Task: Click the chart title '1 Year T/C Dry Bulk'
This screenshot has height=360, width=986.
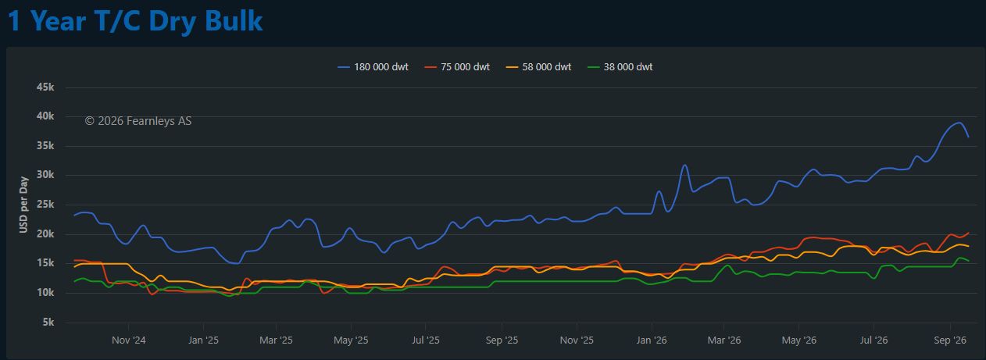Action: [135, 20]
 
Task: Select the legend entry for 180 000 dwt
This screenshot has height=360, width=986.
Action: [373, 67]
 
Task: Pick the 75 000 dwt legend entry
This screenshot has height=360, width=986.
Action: [457, 67]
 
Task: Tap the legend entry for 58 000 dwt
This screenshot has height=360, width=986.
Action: [538, 67]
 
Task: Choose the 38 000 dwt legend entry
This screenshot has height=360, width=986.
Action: [620, 67]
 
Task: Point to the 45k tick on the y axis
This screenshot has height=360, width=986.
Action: [45, 87]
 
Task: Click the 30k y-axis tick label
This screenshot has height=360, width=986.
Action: [45, 175]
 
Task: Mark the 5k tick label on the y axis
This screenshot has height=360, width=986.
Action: [48, 323]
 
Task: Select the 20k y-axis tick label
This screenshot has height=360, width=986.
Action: [45, 233]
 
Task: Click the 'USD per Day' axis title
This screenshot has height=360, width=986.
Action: [23, 205]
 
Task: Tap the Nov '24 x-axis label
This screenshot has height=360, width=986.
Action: [129, 340]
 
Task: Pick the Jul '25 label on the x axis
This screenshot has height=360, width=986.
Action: [426, 340]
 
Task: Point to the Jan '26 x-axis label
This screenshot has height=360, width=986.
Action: [652, 340]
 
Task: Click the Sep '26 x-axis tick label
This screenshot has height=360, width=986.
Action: [950, 340]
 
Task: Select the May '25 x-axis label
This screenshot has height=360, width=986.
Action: [351, 340]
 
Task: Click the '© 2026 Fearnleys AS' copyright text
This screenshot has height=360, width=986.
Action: [138, 121]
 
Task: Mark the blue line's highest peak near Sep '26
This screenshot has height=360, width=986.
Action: [959, 123]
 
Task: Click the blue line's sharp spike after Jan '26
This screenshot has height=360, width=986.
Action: [685, 165]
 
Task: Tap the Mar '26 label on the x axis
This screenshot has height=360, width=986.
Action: [724, 340]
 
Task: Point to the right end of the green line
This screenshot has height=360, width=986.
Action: [968, 261]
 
